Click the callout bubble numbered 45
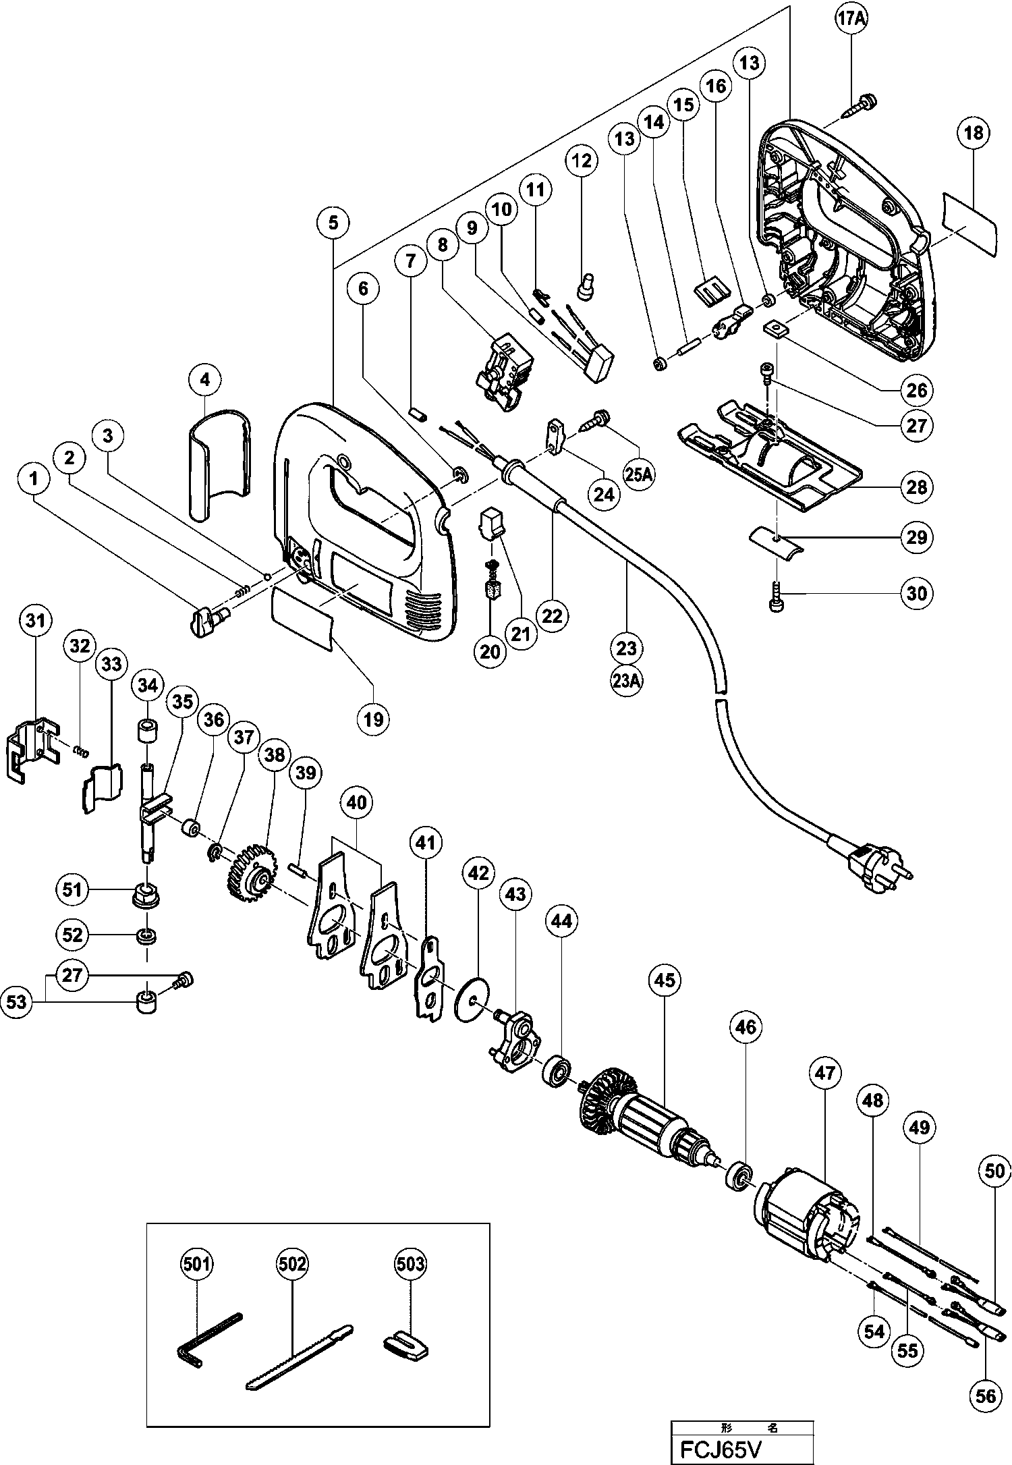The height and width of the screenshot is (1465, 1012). (x=665, y=979)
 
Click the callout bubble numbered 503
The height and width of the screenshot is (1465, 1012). (x=412, y=1263)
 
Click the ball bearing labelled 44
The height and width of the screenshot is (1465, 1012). (x=559, y=1070)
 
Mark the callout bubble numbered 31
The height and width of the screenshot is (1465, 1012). (x=35, y=618)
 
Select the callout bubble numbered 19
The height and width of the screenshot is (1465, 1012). (x=373, y=719)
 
